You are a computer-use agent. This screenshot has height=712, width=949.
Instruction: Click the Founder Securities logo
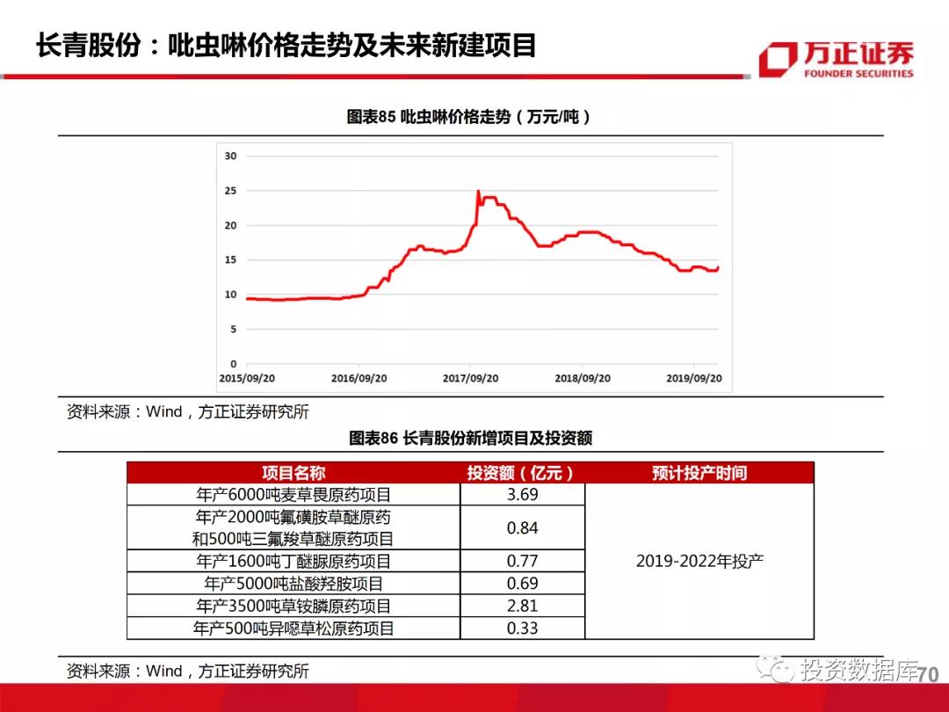click(836, 59)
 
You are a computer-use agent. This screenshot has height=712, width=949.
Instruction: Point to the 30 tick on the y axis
click(231, 156)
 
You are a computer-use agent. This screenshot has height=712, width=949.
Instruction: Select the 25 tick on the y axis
click(231, 191)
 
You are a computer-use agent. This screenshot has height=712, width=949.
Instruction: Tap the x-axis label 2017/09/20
click(470, 378)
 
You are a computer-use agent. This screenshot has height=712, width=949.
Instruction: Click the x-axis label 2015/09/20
click(247, 378)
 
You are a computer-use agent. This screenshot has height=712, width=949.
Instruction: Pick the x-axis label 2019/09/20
click(693, 378)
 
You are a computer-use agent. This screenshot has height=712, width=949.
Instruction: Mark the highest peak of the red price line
click(478, 191)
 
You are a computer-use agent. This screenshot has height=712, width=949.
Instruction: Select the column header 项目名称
click(293, 473)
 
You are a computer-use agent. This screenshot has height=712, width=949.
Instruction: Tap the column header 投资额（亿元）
click(522, 473)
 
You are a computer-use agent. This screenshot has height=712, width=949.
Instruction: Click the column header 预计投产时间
click(699, 473)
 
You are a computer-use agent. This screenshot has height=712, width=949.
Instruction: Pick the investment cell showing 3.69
click(522, 495)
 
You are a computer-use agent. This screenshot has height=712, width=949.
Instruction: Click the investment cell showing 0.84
click(522, 528)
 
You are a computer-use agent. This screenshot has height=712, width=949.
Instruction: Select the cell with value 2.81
click(522, 606)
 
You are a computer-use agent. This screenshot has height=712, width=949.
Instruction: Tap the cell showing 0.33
click(522, 628)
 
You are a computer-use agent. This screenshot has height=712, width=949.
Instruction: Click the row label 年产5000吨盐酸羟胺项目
click(293, 584)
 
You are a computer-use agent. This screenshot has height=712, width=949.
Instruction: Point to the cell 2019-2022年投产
click(699, 561)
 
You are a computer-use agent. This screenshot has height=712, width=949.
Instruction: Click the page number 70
click(927, 675)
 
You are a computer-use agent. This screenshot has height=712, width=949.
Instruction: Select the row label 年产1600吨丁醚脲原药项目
click(293, 561)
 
